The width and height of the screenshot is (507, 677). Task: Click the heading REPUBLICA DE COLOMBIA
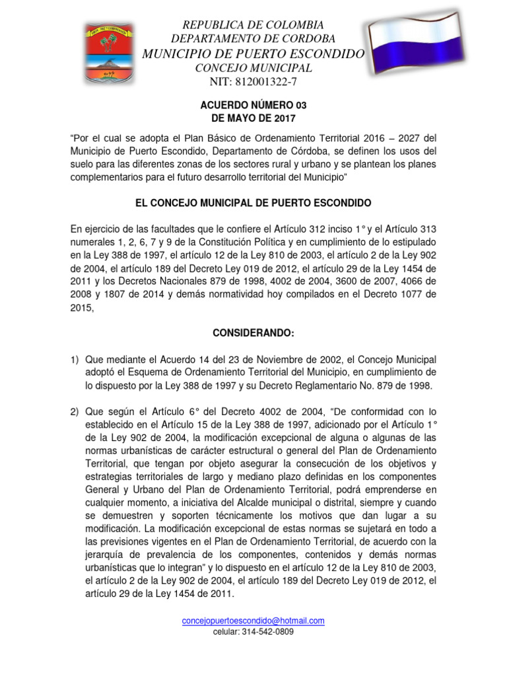tap(253, 25)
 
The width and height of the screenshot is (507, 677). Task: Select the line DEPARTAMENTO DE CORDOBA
tap(253, 39)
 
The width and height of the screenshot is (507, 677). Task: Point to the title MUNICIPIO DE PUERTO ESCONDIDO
tap(253, 54)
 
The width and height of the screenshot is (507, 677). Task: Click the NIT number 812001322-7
tap(253, 82)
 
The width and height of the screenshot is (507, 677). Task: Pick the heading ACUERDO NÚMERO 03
tap(253, 105)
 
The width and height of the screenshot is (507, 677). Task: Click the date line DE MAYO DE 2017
tap(253, 118)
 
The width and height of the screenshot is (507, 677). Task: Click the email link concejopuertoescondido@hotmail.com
tap(253, 621)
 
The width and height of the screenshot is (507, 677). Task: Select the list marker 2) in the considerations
tap(75, 413)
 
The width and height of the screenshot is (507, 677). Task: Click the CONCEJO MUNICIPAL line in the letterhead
tap(253, 68)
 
